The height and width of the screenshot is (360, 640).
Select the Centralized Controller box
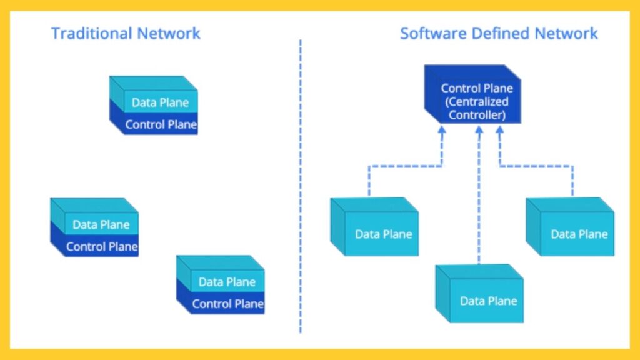tap(473, 94)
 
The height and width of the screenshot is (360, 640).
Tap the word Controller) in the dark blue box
tap(477, 115)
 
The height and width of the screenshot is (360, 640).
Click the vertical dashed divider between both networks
tap(300, 187)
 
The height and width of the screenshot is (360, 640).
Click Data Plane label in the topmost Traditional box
tap(160, 102)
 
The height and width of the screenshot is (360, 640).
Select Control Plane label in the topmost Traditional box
tap(161, 124)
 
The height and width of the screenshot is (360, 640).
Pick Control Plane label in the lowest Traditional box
tap(227, 304)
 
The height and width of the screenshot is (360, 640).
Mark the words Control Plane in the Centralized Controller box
tap(477, 88)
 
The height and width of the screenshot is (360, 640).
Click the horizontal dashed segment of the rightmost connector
tap(536, 166)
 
